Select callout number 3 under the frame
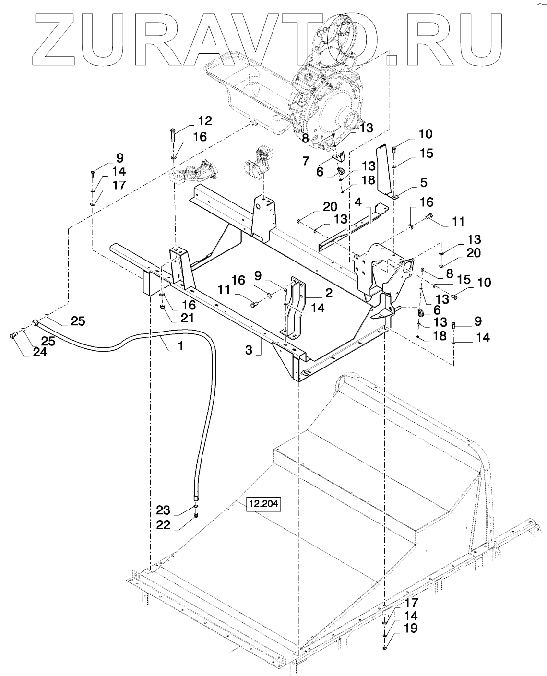(x=249, y=350)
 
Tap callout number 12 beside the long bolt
(x=205, y=120)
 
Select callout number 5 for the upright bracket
(x=424, y=183)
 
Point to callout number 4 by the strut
(x=358, y=202)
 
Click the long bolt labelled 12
(x=172, y=137)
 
